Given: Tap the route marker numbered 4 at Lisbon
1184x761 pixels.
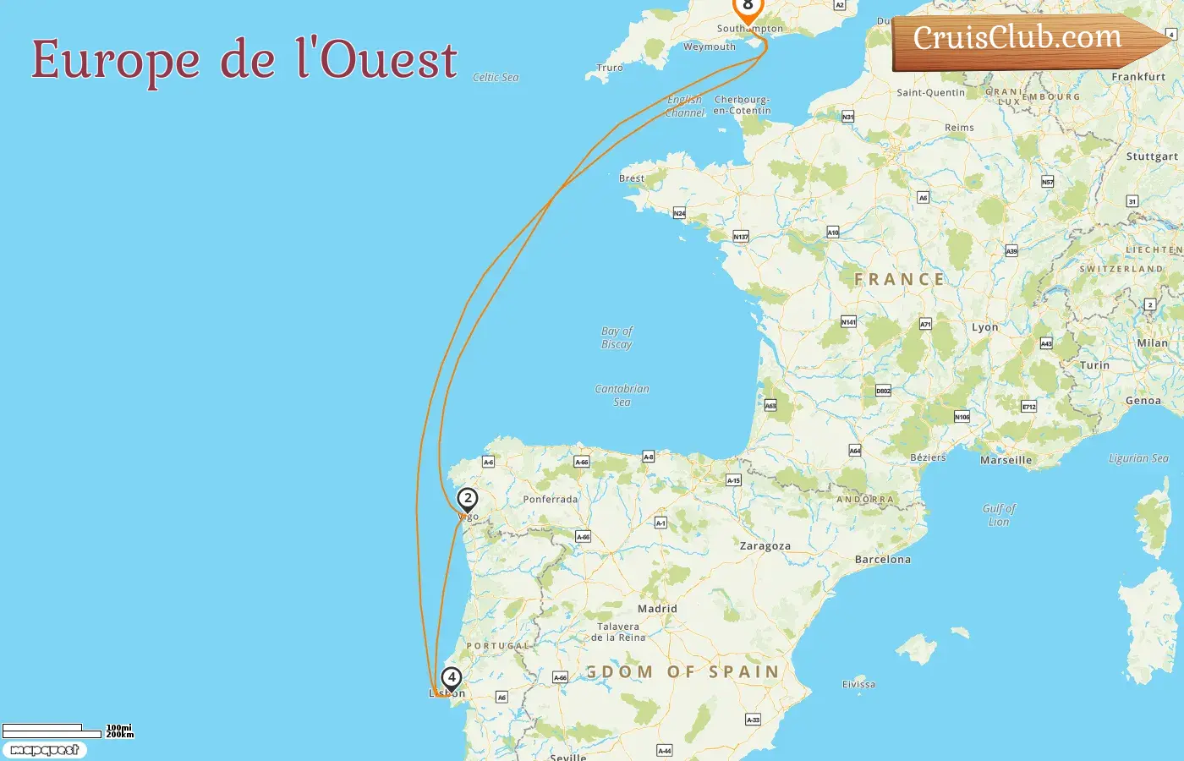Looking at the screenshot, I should coord(452,678).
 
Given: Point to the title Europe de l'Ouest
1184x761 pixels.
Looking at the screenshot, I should coord(244,60).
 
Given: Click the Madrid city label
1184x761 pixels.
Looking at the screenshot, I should coord(657,609).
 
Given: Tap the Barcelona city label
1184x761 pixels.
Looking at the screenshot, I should coord(883,560).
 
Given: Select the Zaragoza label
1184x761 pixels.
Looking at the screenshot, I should coord(765,546).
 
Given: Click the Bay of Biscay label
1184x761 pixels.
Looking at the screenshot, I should coord(617,337).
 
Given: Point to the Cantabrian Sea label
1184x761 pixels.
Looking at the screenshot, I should coord(622,395).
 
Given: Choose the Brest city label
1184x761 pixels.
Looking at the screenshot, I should coord(632,178).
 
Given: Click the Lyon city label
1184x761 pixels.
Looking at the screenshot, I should coord(984,327).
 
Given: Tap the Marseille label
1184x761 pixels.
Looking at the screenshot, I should coord(1006,461).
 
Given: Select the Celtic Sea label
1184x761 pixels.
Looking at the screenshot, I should coord(496,78).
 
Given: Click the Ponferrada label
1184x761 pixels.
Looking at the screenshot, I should coord(551,500).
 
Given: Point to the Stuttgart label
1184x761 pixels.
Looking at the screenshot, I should coord(1152,156).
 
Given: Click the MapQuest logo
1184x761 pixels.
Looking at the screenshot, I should coord(45,750).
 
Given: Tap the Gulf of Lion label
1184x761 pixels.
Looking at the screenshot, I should coord(999,515).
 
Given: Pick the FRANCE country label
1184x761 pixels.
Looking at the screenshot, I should coord(899,280).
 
